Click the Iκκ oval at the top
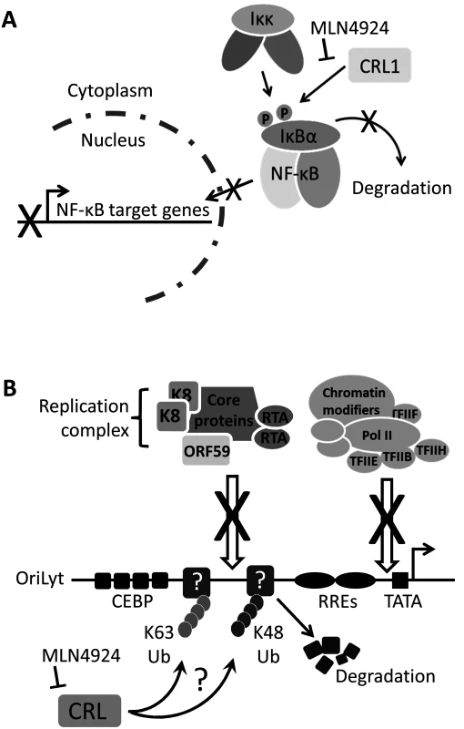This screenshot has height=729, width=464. coord(262,20)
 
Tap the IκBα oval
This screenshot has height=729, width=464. coord(301,135)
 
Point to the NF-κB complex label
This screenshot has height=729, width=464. coord(295,173)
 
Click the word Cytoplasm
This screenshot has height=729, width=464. coord(110,90)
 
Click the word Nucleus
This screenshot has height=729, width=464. coord(113,139)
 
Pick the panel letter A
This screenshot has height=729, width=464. coord(10,20)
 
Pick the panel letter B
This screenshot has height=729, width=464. coord(9,389)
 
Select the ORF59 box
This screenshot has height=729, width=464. coord(206,450)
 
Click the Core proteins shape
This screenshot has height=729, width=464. coord(224,411)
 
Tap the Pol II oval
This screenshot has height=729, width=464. coord(378,436)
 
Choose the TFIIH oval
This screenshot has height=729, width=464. coord(431,450)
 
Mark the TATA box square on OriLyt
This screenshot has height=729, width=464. coord(400,580)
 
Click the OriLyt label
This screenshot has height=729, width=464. coord(40,580)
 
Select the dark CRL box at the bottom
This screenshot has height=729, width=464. coord(89,711)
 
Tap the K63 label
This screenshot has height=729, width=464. coord(158,632)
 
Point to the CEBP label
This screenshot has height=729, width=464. coord(132,601)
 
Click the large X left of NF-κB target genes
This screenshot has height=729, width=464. coord(30,221)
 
